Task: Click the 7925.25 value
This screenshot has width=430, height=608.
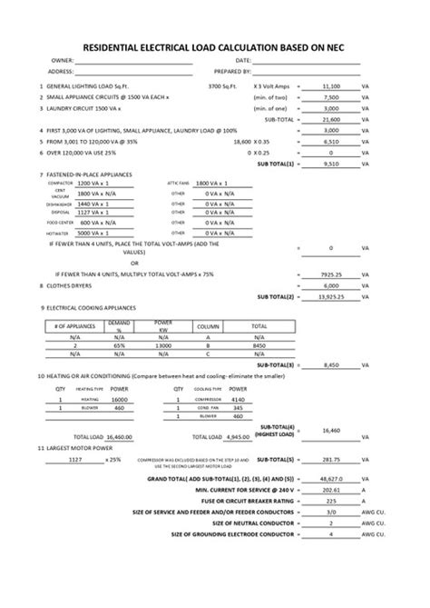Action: point(330,273)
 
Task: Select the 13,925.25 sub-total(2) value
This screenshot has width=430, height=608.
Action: point(328,296)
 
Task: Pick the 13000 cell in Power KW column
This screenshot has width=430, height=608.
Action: point(163,345)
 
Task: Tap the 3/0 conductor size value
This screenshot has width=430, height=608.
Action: point(330,537)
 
